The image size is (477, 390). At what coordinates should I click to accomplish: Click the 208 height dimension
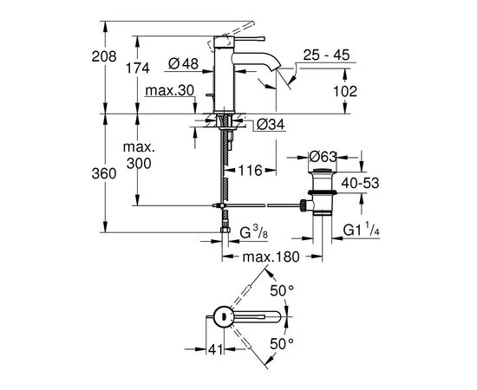coord(104,56)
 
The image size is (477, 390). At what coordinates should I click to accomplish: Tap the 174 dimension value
coord(138,68)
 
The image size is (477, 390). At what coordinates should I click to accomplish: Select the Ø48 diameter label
coord(184,64)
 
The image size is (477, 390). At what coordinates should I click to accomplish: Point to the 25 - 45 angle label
coord(326,55)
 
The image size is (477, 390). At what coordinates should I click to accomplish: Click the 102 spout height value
coord(345,91)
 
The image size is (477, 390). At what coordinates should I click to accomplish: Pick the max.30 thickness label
coord(169,91)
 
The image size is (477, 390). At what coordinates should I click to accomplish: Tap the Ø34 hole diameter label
coord(271,124)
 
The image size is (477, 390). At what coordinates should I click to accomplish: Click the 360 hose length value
coord(104,174)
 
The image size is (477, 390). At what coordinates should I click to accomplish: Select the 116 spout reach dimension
coord(250,171)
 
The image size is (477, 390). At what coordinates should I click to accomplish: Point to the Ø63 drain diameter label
coord(323,157)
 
